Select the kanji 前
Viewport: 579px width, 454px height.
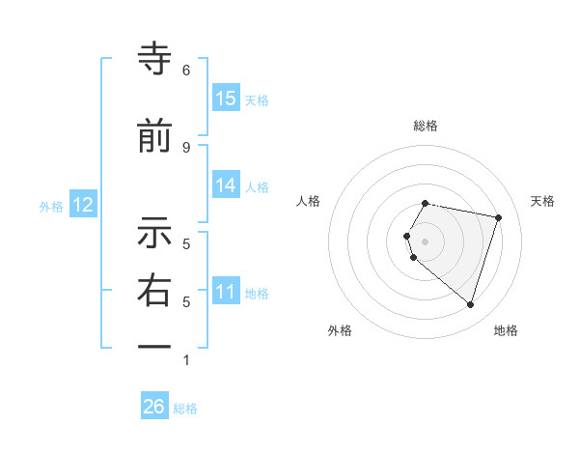pyautogui.click(x=155, y=136)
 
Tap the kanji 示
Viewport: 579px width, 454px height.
pyautogui.click(x=155, y=234)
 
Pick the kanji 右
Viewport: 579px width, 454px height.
pyautogui.click(x=155, y=291)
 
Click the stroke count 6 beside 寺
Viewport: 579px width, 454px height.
pyautogui.click(x=186, y=71)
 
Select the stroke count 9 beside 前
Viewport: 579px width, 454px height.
pyautogui.click(x=186, y=147)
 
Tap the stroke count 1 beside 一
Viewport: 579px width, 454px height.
pyautogui.click(x=186, y=360)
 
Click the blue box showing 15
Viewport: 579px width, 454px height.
pyautogui.click(x=226, y=98)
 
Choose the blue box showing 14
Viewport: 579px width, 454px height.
pyautogui.click(x=226, y=185)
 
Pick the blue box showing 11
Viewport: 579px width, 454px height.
pyautogui.click(x=226, y=292)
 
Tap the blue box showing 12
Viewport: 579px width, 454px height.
pyautogui.click(x=83, y=205)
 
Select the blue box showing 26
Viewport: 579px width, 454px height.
pyautogui.click(x=154, y=407)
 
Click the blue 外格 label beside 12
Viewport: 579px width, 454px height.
pyautogui.click(x=51, y=206)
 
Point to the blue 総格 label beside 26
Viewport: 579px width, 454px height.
pyautogui.click(x=185, y=409)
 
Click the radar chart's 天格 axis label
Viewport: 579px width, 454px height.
pyautogui.click(x=542, y=201)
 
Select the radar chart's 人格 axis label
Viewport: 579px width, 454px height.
pyautogui.click(x=309, y=201)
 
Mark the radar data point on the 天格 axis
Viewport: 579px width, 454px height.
pyautogui.click(x=498, y=217)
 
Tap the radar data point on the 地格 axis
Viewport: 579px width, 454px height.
pyautogui.click(x=470, y=304)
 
